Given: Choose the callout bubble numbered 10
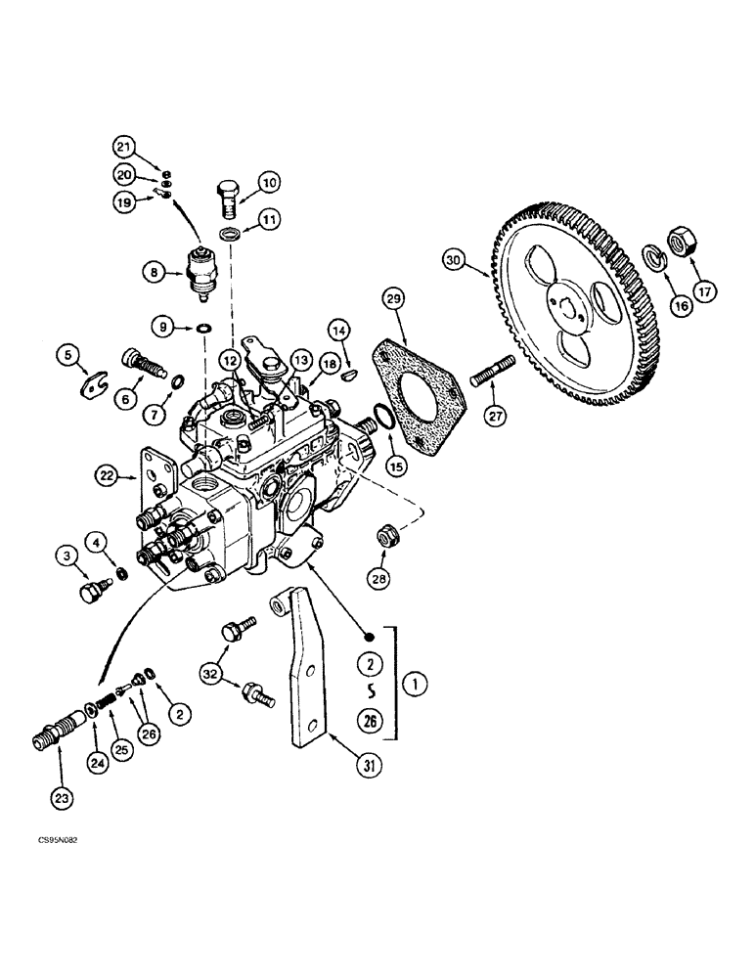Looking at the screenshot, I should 268,181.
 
